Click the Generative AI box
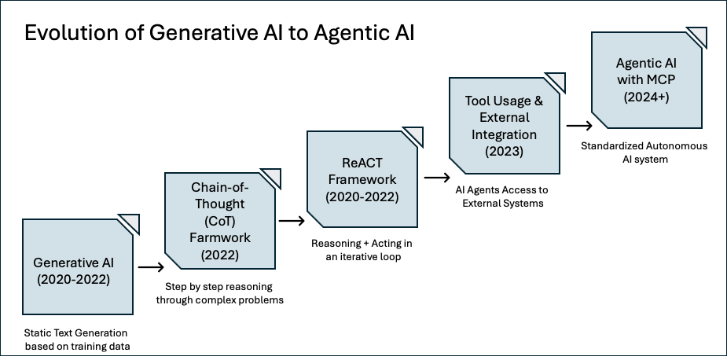[77, 267]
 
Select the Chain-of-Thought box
[219, 220]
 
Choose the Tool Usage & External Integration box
[504, 126]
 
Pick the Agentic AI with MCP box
[646, 80]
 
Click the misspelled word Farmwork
[220, 237]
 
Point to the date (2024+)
[647, 97]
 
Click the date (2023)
[504, 152]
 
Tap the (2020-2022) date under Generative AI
[77, 279]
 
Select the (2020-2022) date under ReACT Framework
[362, 197]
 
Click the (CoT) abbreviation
[220, 219]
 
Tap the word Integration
[504, 134]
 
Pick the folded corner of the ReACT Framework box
[414, 135]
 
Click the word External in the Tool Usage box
[504, 117]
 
